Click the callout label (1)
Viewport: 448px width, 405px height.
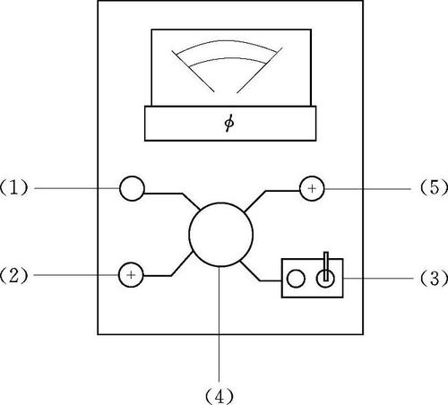point(13,187)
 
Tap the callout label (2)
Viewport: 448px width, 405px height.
point(13,275)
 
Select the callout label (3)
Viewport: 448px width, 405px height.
point(434,278)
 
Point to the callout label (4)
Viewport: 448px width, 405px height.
point(220,397)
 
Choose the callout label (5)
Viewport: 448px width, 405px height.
point(434,188)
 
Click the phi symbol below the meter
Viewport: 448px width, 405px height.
point(229,123)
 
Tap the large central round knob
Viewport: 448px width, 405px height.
point(221,235)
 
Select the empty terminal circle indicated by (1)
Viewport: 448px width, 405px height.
point(132,188)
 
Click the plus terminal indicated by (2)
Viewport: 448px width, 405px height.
point(131,275)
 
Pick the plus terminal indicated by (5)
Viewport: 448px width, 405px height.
point(312,188)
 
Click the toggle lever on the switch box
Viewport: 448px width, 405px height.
point(325,266)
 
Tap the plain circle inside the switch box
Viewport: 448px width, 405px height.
point(296,279)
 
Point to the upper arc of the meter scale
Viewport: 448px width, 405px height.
point(227,41)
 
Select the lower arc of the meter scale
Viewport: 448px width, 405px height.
point(228,58)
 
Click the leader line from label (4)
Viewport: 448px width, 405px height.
point(220,324)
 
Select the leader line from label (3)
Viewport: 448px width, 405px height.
point(378,278)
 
